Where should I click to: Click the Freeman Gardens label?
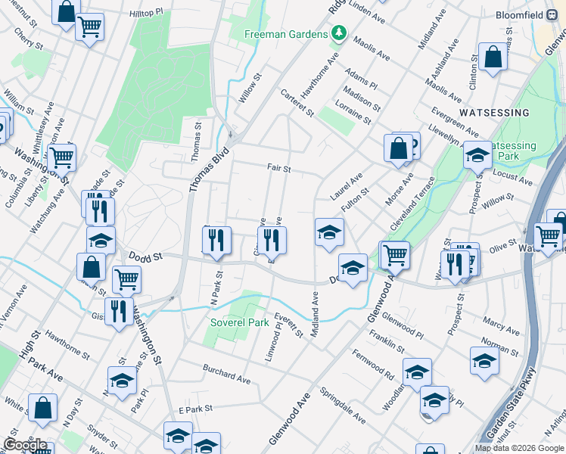pyautogui.click(x=285, y=35)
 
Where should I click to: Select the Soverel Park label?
pyautogui.click(x=239, y=323)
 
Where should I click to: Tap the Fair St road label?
pyautogui.click(x=278, y=169)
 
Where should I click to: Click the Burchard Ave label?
pyautogui.click(x=226, y=373)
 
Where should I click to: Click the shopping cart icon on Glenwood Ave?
pyautogui.click(x=394, y=255)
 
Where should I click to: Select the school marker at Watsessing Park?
pyautogui.click(x=477, y=155)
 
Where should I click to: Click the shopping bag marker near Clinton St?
pyautogui.click(x=493, y=58)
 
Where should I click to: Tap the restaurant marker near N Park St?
pyautogui.click(x=217, y=240)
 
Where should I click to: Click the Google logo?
pyautogui.click(x=25, y=445)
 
